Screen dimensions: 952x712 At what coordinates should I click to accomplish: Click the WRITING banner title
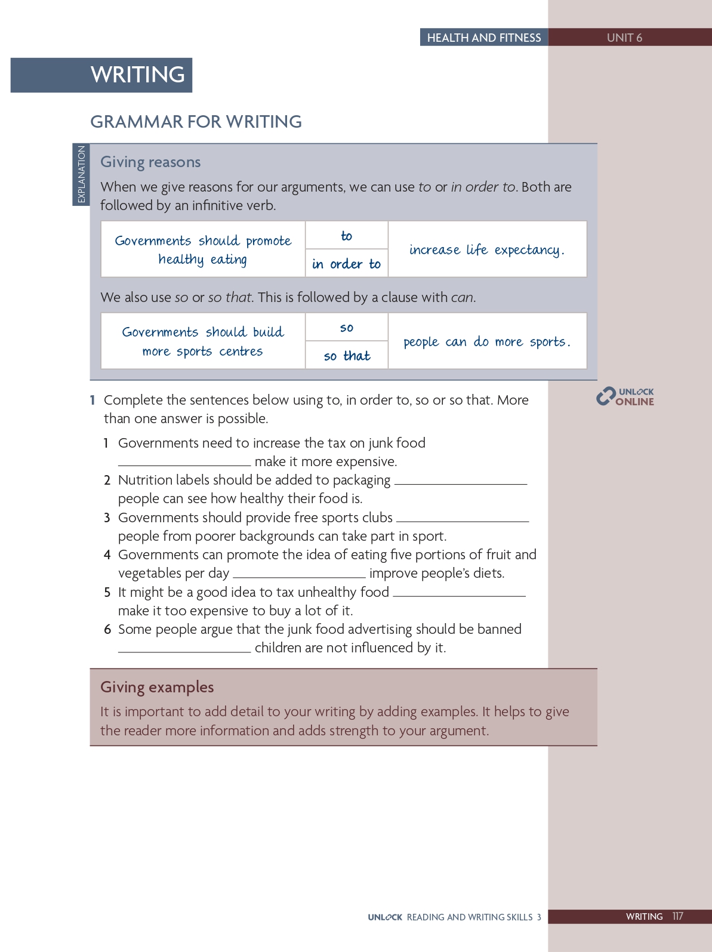pyautogui.click(x=137, y=75)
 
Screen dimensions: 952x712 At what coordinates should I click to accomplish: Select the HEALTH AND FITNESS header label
pyautogui.click(x=483, y=38)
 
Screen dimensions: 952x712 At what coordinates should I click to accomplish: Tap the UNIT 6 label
pyautogui.click(x=624, y=38)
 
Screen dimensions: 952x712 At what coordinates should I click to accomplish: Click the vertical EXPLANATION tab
pyautogui.click(x=81, y=174)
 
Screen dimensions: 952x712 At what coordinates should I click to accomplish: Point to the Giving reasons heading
pyautogui.click(x=150, y=162)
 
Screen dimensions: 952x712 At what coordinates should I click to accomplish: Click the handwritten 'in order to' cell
pyautogui.click(x=346, y=264)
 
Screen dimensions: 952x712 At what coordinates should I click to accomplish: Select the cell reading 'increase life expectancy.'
pyautogui.click(x=487, y=249)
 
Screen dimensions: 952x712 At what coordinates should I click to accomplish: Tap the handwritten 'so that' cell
pyautogui.click(x=347, y=356)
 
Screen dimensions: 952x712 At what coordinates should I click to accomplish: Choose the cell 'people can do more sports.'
pyautogui.click(x=487, y=341)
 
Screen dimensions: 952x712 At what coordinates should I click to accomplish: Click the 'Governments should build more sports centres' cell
pyautogui.click(x=203, y=341)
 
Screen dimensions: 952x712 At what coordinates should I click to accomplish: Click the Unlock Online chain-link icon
pyautogui.click(x=606, y=396)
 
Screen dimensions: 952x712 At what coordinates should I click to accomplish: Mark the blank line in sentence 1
pyautogui.click(x=184, y=464)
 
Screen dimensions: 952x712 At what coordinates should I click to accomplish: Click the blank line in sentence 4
pyautogui.click(x=299, y=575)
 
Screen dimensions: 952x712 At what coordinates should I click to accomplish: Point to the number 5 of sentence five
pyautogui.click(x=107, y=592)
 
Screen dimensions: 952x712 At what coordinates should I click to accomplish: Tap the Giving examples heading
pyautogui.click(x=157, y=687)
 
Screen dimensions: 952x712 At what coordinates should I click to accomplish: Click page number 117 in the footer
pyautogui.click(x=677, y=916)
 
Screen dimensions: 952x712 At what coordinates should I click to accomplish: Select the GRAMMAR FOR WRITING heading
pyautogui.click(x=196, y=122)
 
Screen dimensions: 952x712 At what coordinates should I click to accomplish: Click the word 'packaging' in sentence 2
pyautogui.click(x=362, y=480)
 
